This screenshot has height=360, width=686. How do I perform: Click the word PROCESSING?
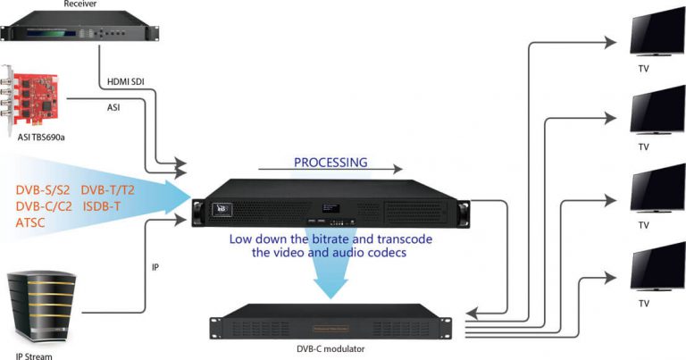pos(330,163)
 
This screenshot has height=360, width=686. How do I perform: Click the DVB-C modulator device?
pos(336,326)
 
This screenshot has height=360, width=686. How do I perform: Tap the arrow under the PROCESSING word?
pos(330,172)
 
